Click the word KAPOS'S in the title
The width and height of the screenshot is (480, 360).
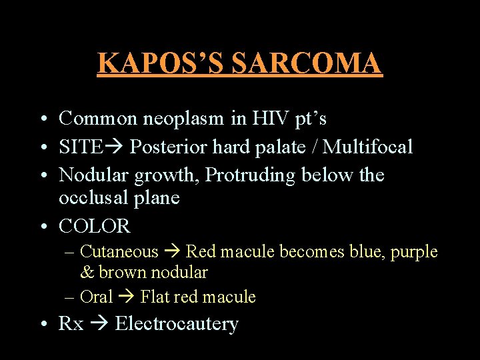click(x=161, y=63)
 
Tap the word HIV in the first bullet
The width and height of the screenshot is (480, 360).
click(x=269, y=119)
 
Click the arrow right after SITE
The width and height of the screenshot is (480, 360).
click(x=115, y=147)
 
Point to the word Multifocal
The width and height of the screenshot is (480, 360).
click(x=367, y=147)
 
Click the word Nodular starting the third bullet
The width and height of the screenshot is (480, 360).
click(x=94, y=175)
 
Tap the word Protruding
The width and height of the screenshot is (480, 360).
click(x=251, y=175)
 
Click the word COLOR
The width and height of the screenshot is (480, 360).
click(x=95, y=227)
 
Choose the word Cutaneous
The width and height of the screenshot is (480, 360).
click(x=119, y=252)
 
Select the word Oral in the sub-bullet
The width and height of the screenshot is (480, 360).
click(x=96, y=297)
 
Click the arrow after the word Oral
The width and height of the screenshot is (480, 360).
click(x=126, y=297)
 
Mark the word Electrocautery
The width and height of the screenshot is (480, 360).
click(x=177, y=324)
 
